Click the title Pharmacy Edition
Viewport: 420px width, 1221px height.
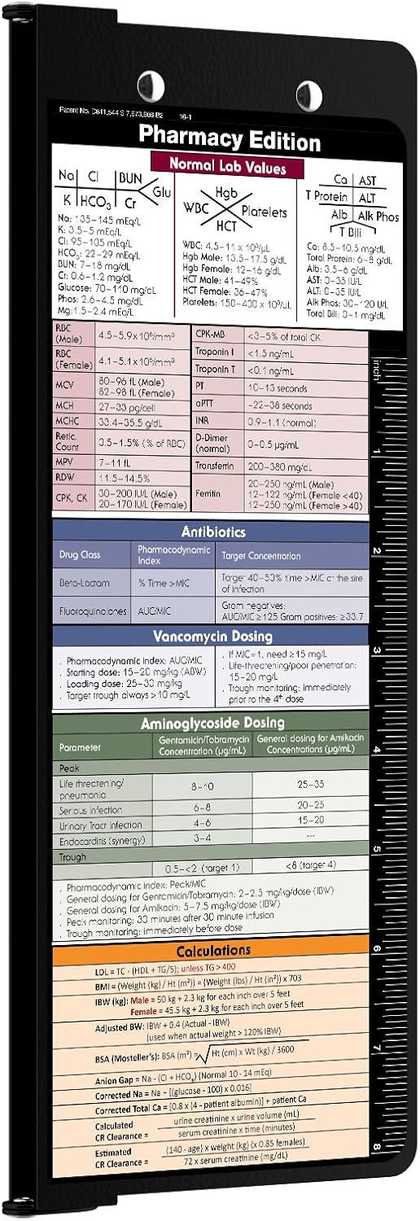click(x=229, y=140)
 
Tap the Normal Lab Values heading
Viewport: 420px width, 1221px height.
click(x=227, y=166)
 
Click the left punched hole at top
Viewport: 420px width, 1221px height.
click(x=151, y=82)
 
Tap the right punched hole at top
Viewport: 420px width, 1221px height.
click(x=309, y=91)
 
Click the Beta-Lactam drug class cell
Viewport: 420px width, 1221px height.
click(x=90, y=583)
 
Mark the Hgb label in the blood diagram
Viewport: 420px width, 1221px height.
click(x=225, y=192)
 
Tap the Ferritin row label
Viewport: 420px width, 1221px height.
click(x=208, y=493)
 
